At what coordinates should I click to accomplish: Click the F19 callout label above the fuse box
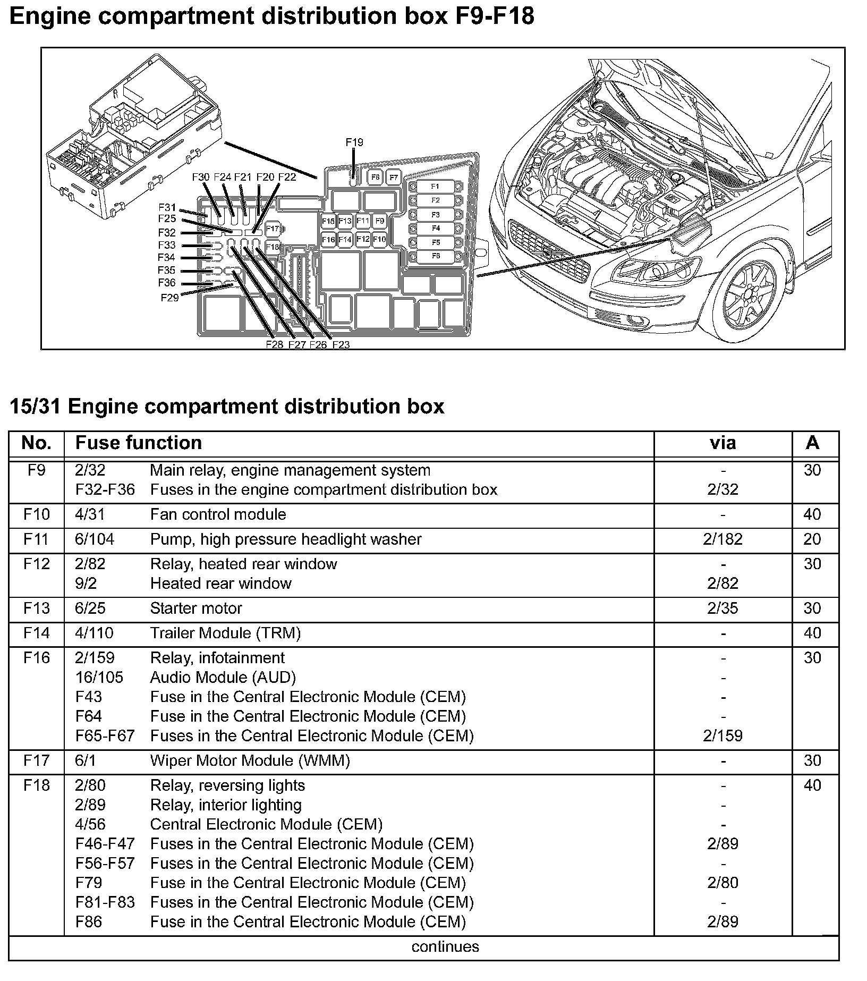[354, 142]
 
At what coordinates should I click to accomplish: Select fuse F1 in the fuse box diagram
[435, 187]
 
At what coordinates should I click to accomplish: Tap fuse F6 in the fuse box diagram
[435, 256]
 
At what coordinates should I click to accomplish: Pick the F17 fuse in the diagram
[273, 229]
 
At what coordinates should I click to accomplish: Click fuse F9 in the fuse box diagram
[379, 221]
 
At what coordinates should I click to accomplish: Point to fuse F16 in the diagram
[328, 240]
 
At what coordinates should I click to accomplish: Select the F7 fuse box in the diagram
[394, 177]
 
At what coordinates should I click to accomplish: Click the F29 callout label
[169, 298]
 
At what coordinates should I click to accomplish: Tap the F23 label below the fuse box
[341, 344]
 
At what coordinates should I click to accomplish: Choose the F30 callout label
[201, 177]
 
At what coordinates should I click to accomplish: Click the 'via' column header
[722, 443]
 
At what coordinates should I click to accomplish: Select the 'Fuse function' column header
[139, 443]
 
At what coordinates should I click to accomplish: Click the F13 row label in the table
[36, 608]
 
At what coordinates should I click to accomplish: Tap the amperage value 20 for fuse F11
[812, 539]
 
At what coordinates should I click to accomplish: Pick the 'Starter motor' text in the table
[196, 608]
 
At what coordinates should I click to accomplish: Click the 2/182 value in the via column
[722, 539]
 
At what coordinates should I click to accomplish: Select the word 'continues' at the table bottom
[445, 946]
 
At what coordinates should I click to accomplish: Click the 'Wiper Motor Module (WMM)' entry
[250, 760]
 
